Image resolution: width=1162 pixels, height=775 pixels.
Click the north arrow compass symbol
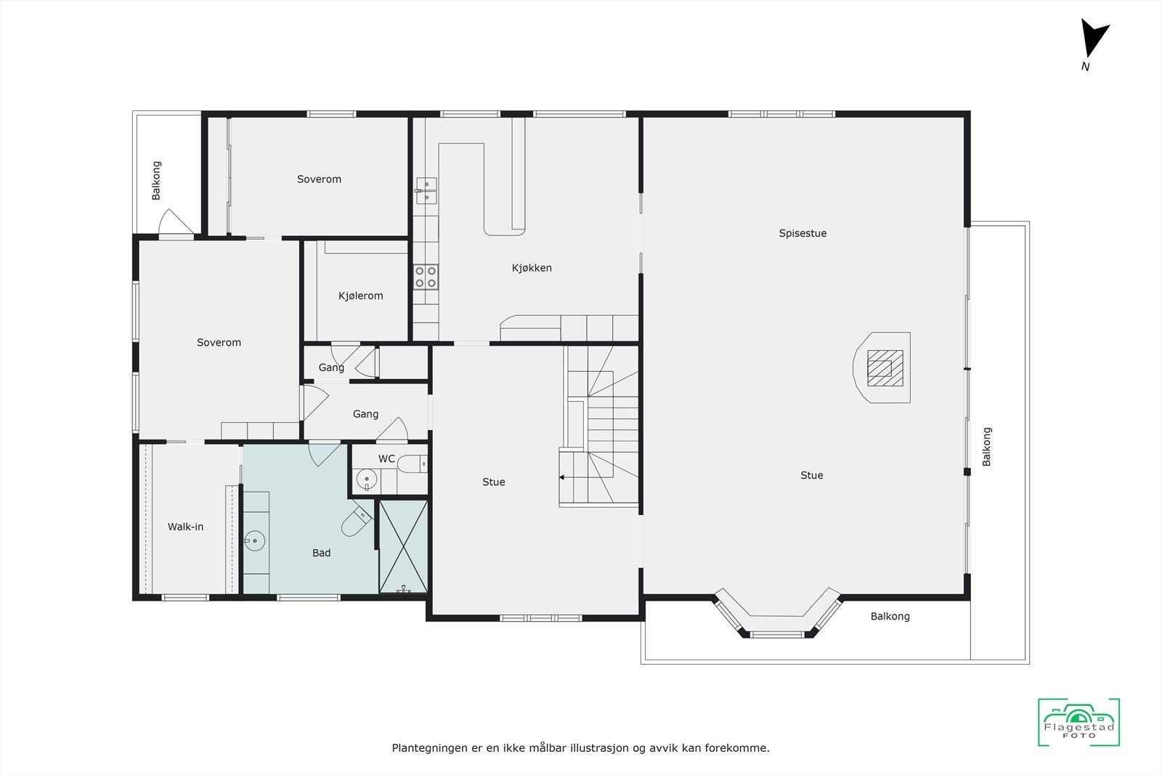pyautogui.click(x=1093, y=39)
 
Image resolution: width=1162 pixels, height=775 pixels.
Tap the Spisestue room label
pyautogui.click(x=803, y=233)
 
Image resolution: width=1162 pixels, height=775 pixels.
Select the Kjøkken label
pyautogui.click(x=532, y=268)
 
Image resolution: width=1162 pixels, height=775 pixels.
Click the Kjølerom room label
pyautogui.click(x=360, y=296)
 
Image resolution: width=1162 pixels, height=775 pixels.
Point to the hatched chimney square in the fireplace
pyautogui.click(x=885, y=368)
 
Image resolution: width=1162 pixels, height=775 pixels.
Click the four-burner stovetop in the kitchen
pyautogui.click(x=426, y=276)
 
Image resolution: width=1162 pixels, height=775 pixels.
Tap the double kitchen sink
pyautogui.click(x=426, y=190)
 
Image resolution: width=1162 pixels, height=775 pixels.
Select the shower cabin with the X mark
pyautogui.click(x=403, y=545)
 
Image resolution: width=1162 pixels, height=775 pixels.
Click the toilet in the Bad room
pyautogui.click(x=356, y=522)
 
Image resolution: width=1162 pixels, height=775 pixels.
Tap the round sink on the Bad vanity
pyautogui.click(x=253, y=540)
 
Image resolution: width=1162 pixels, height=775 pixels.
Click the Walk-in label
pyautogui.click(x=185, y=527)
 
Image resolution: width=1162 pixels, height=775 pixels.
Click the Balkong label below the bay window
pyautogui.click(x=890, y=616)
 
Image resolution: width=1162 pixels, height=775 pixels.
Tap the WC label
pyautogui.click(x=386, y=459)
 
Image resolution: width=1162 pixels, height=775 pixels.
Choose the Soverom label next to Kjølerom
pyautogui.click(x=219, y=342)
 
